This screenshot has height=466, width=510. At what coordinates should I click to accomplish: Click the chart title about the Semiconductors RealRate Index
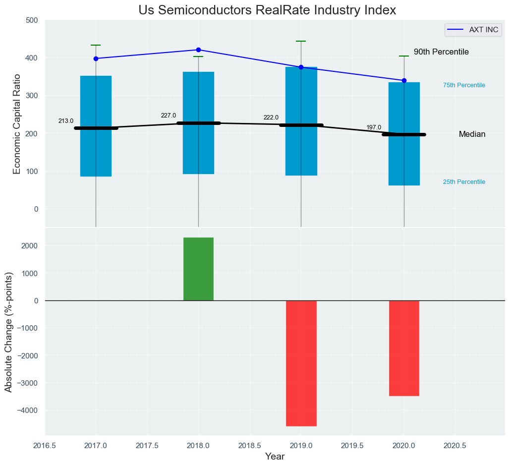(x=267, y=10)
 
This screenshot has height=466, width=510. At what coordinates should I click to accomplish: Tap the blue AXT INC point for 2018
(x=198, y=50)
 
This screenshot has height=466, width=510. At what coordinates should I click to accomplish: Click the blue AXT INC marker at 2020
(x=404, y=80)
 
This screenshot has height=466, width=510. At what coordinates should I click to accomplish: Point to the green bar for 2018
(x=198, y=269)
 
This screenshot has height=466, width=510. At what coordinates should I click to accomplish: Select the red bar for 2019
(x=301, y=363)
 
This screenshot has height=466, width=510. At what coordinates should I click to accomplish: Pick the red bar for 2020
(x=404, y=348)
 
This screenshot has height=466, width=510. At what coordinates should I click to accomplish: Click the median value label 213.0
(x=66, y=121)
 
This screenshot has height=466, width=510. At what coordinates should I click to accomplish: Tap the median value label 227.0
(x=169, y=116)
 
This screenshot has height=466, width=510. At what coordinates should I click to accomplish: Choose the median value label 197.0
(x=374, y=127)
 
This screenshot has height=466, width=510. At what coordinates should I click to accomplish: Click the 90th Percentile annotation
(x=441, y=52)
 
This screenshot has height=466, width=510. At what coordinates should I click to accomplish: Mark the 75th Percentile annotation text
(x=464, y=85)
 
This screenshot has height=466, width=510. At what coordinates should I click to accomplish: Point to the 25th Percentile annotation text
(x=464, y=182)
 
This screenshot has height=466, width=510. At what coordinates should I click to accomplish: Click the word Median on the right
(x=472, y=134)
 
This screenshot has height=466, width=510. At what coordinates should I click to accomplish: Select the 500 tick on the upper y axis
(x=32, y=20)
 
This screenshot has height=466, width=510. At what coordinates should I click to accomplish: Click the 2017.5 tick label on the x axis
(x=147, y=446)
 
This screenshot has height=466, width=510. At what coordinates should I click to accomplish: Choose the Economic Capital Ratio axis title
(x=17, y=124)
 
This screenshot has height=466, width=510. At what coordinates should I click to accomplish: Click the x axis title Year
(x=275, y=457)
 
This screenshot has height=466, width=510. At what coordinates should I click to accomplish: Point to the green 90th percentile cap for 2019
(x=301, y=41)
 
